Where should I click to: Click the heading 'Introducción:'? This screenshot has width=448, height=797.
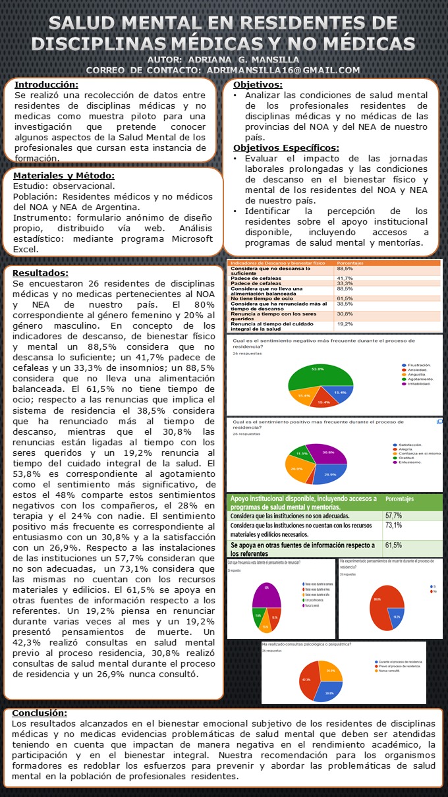[x=46, y=85]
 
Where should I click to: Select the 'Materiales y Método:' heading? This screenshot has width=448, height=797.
[x=65, y=175]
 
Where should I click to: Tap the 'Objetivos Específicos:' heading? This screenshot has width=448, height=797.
[x=286, y=148]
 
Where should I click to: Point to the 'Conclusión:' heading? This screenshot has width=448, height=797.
[x=40, y=713]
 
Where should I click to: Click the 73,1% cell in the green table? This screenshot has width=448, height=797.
[x=394, y=526]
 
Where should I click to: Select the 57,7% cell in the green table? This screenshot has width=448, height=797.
[x=394, y=515]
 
